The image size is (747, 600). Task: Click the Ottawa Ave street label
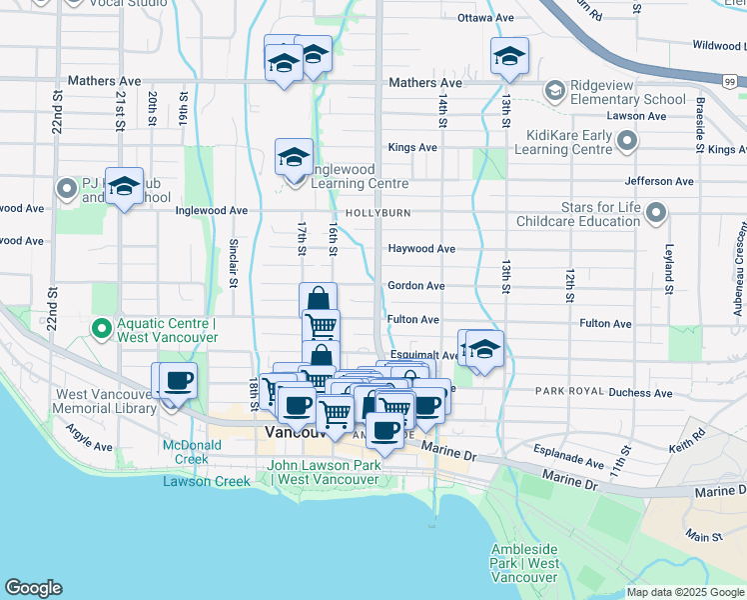[x=485, y=18]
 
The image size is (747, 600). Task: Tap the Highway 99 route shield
[x=730, y=81]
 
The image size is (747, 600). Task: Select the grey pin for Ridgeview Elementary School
[x=553, y=92]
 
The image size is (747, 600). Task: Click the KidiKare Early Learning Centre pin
[x=627, y=142]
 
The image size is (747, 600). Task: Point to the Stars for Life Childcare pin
[x=656, y=212]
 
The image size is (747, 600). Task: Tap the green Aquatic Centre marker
[x=101, y=327]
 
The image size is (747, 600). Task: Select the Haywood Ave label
[x=421, y=248]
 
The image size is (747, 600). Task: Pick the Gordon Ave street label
[x=416, y=285]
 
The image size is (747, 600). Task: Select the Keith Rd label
[x=690, y=440]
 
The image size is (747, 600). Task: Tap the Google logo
[x=33, y=588]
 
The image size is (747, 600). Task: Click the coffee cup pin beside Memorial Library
[x=178, y=381]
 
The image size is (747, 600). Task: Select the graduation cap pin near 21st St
[x=124, y=186]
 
